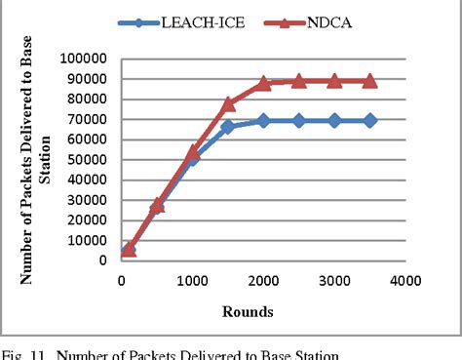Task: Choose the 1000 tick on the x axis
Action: pos(192,281)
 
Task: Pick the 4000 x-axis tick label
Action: pos(405,281)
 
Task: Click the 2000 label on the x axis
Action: pos(263,281)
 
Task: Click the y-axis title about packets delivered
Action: pos(34,160)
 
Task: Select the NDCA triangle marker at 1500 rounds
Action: pos(228,103)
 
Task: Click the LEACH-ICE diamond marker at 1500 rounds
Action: pos(228,127)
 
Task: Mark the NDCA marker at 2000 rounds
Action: pos(263,84)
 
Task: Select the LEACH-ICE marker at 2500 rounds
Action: pos(298,120)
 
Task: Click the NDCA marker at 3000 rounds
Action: pos(334,81)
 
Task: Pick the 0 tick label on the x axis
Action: pos(121,281)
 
